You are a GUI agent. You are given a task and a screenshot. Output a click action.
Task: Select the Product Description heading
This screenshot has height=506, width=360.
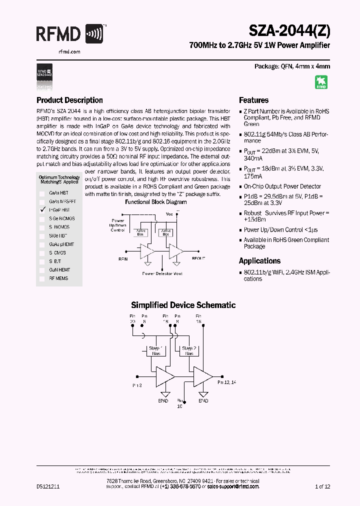[x=69, y=100]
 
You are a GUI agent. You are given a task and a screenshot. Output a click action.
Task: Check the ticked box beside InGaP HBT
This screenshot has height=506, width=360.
[x=42, y=210]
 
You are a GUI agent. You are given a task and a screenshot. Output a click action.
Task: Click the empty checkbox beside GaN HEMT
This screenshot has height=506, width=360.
[x=42, y=269]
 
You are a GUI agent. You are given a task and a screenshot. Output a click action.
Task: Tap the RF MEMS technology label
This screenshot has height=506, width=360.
[x=58, y=278]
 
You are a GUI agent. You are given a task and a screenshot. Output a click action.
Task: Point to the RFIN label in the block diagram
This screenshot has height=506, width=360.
[x=122, y=259]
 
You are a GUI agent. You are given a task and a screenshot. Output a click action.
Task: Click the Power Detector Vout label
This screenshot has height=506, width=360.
[x=162, y=273]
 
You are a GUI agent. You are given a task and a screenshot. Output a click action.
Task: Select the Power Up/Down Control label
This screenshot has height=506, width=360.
[x=118, y=225]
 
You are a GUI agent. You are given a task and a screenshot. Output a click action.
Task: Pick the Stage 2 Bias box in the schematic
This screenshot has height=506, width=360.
[x=188, y=350]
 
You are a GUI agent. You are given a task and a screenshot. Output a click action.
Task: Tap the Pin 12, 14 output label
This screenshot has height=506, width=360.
[x=226, y=382]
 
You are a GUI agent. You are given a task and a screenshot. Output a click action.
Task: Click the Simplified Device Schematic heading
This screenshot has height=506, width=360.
[x=183, y=305]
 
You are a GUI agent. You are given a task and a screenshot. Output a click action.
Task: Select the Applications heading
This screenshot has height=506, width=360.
[x=259, y=261]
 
